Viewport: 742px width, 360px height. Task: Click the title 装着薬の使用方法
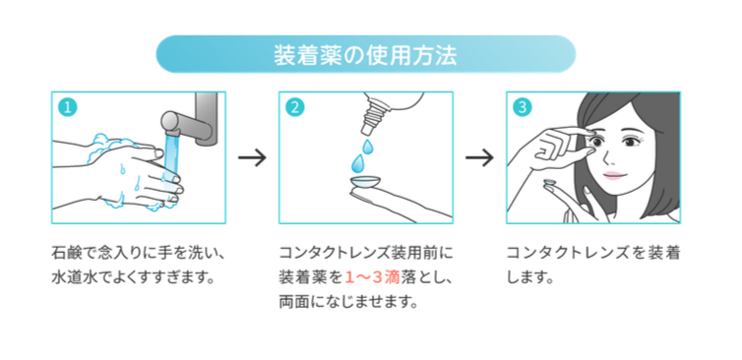pos(364,54)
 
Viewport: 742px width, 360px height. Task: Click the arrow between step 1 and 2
pos(252,157)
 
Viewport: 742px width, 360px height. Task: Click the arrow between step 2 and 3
pos(479,157)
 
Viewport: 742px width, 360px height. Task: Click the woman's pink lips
pos(613,175)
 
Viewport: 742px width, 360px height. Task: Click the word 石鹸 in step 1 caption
pos(66,253)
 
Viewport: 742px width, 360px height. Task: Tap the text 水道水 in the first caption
pos(74,277)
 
